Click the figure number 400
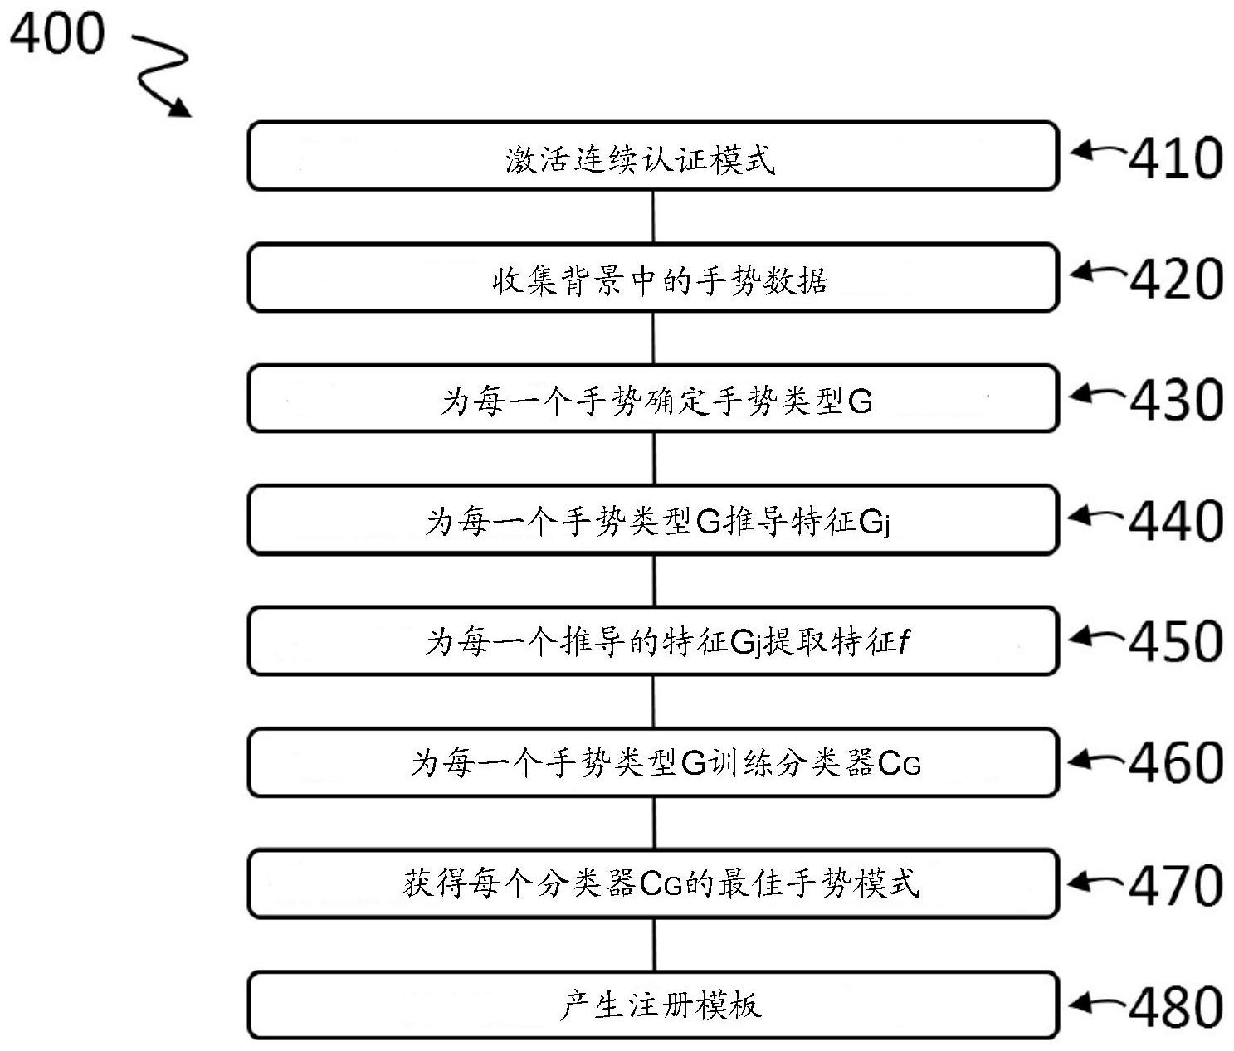pyautogui.click(x=57, y=35)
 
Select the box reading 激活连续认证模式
pyautogui.click(x=653, y=156)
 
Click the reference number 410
pyautogui.click(x=1175, y=158)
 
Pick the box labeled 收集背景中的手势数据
pyautogui.click(x=653, y=278)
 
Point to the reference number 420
pyautogui.click(x=1175, y=280)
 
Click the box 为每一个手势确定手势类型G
pyautogui.click(x=653, y=399)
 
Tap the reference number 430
pyautogui.click(x=1175, y=400)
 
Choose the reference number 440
pyautogui.click(x=1175, y=521)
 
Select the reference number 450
pyautogui.click(x=1175, y=641)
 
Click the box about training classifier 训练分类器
pyautogui.click(x=653, y=762)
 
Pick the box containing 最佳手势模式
pyautogui.click(x=653, y=884)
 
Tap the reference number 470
pyautogui.click(x=1175, y=885)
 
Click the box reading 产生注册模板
pyautogui.click(x=653, y=1005)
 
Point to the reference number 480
pyautogui.click(x=1175, y=1007)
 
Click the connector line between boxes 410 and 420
pyautogui.click(x=653, y=217)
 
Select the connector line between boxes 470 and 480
pyautogui.click(x=654, y=945)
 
